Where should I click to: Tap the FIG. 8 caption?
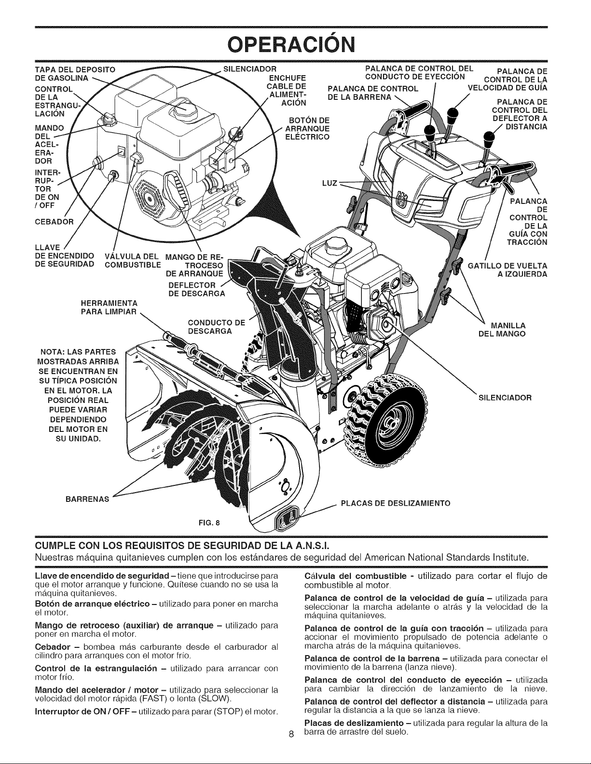click(x=209, y=522)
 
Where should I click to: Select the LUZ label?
click(x=330, y=183)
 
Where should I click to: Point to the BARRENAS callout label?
click(x=88, y=499)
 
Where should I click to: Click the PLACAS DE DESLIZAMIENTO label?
click(x=396, y=503)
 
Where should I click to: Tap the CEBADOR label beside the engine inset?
click(x=55, y=222)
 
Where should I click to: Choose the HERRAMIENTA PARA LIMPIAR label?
click(x=109, y=308)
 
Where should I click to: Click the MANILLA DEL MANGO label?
click(x=502, y=329)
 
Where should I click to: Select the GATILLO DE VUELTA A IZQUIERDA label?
click(x=507, y=269)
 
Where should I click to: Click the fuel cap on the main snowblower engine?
click(x=331, y=244)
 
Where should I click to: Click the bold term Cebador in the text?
click(x=50, y=647)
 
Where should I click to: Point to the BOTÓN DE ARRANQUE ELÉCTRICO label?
click(x=307, y=128)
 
